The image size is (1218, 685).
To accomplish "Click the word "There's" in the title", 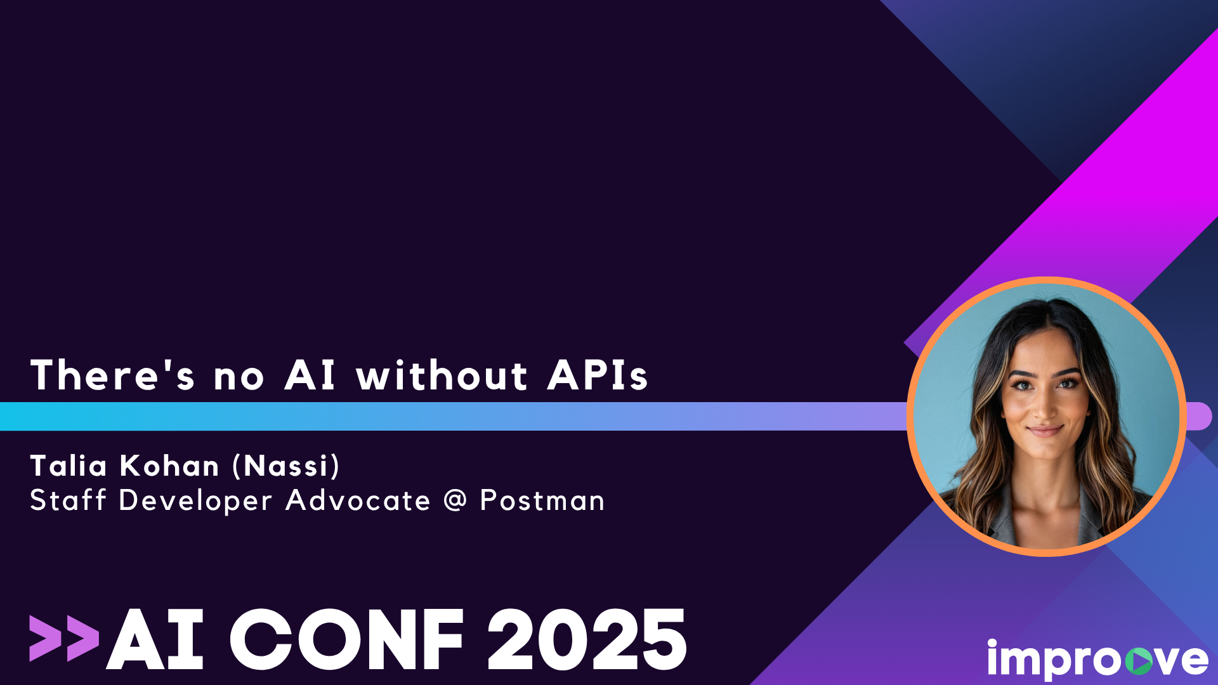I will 112,375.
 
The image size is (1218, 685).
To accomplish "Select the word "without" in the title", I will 442,375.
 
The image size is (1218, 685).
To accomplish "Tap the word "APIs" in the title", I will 598,375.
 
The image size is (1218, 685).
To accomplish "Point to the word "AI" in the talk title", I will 310,375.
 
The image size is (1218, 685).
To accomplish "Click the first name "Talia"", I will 69,466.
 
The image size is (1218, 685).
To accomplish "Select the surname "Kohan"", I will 169,466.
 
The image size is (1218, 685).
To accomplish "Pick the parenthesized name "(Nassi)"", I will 286,466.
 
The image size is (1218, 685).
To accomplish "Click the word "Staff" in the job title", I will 68,500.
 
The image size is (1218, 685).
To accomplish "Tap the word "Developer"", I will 195,500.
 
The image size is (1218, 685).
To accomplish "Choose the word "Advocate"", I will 358,500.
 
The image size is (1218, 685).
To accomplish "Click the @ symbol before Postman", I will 455,500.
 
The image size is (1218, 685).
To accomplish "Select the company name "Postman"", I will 542,500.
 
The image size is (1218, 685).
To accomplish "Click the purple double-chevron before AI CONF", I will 64,638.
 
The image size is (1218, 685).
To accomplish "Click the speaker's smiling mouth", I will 1045,431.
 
